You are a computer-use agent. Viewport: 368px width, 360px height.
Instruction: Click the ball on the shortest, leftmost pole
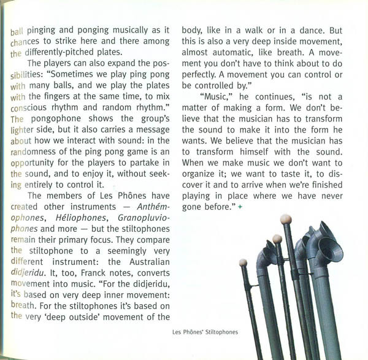[242, 262]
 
